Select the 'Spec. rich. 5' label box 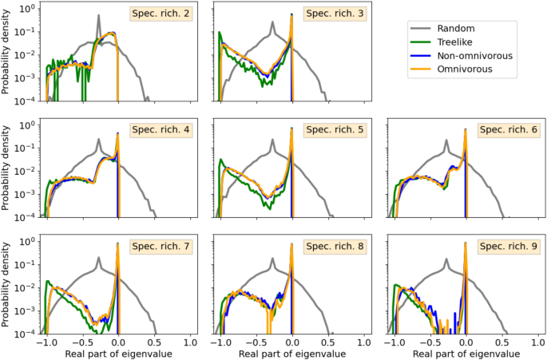pos(332,130)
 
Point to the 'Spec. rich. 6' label pos(506,130)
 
